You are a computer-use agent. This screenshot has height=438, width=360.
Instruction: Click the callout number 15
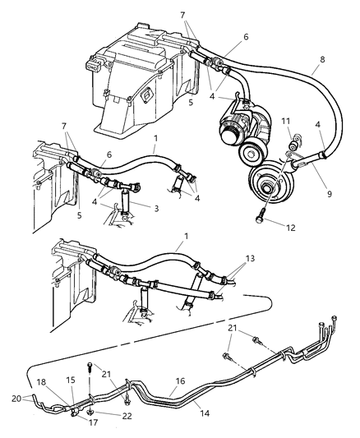pyautogui.click(x=71, y=380)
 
